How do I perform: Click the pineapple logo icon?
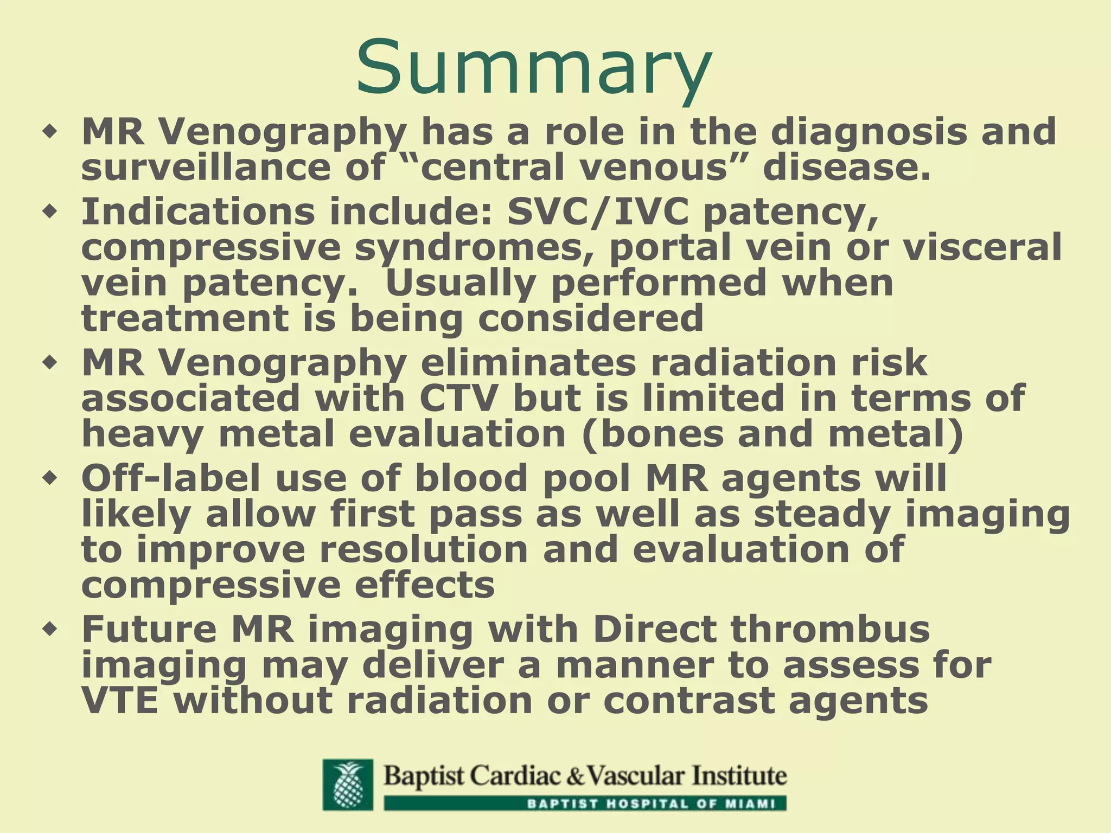348,784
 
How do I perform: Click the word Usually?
459,283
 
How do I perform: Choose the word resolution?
423,549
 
